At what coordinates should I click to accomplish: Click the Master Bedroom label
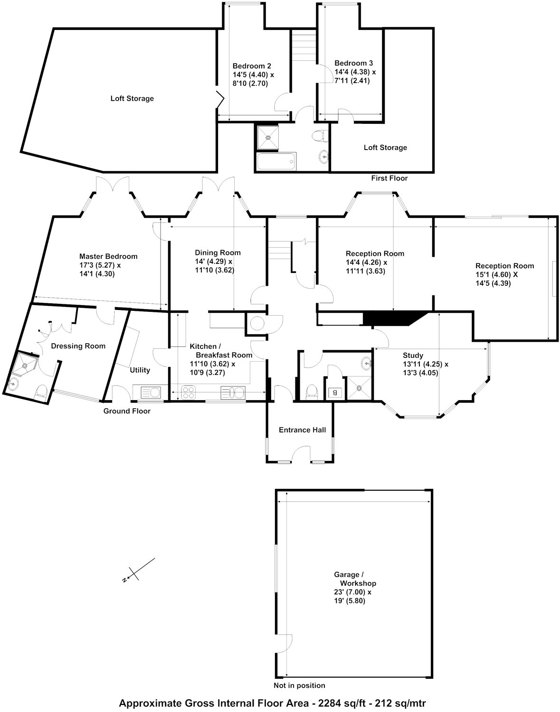tap(108, 256)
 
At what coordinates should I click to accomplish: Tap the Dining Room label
tap(218, 253)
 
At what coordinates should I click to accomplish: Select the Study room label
tap(413, 355)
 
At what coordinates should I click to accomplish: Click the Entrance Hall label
tap(302, 430)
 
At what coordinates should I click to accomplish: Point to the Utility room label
tap(140, 370)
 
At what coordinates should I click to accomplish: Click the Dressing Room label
tap(78, 346)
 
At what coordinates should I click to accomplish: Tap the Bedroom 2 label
tap(252, 66)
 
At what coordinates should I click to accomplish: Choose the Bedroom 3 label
tap(353, 63)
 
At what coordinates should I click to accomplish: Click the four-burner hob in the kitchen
tap(189, 393)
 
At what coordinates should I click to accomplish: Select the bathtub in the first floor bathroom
tap(276, 162)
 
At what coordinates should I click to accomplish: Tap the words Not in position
tap(299, 685)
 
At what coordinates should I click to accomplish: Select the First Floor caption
tap(389, 178)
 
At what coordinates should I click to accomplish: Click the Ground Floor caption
tap(127, 411)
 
